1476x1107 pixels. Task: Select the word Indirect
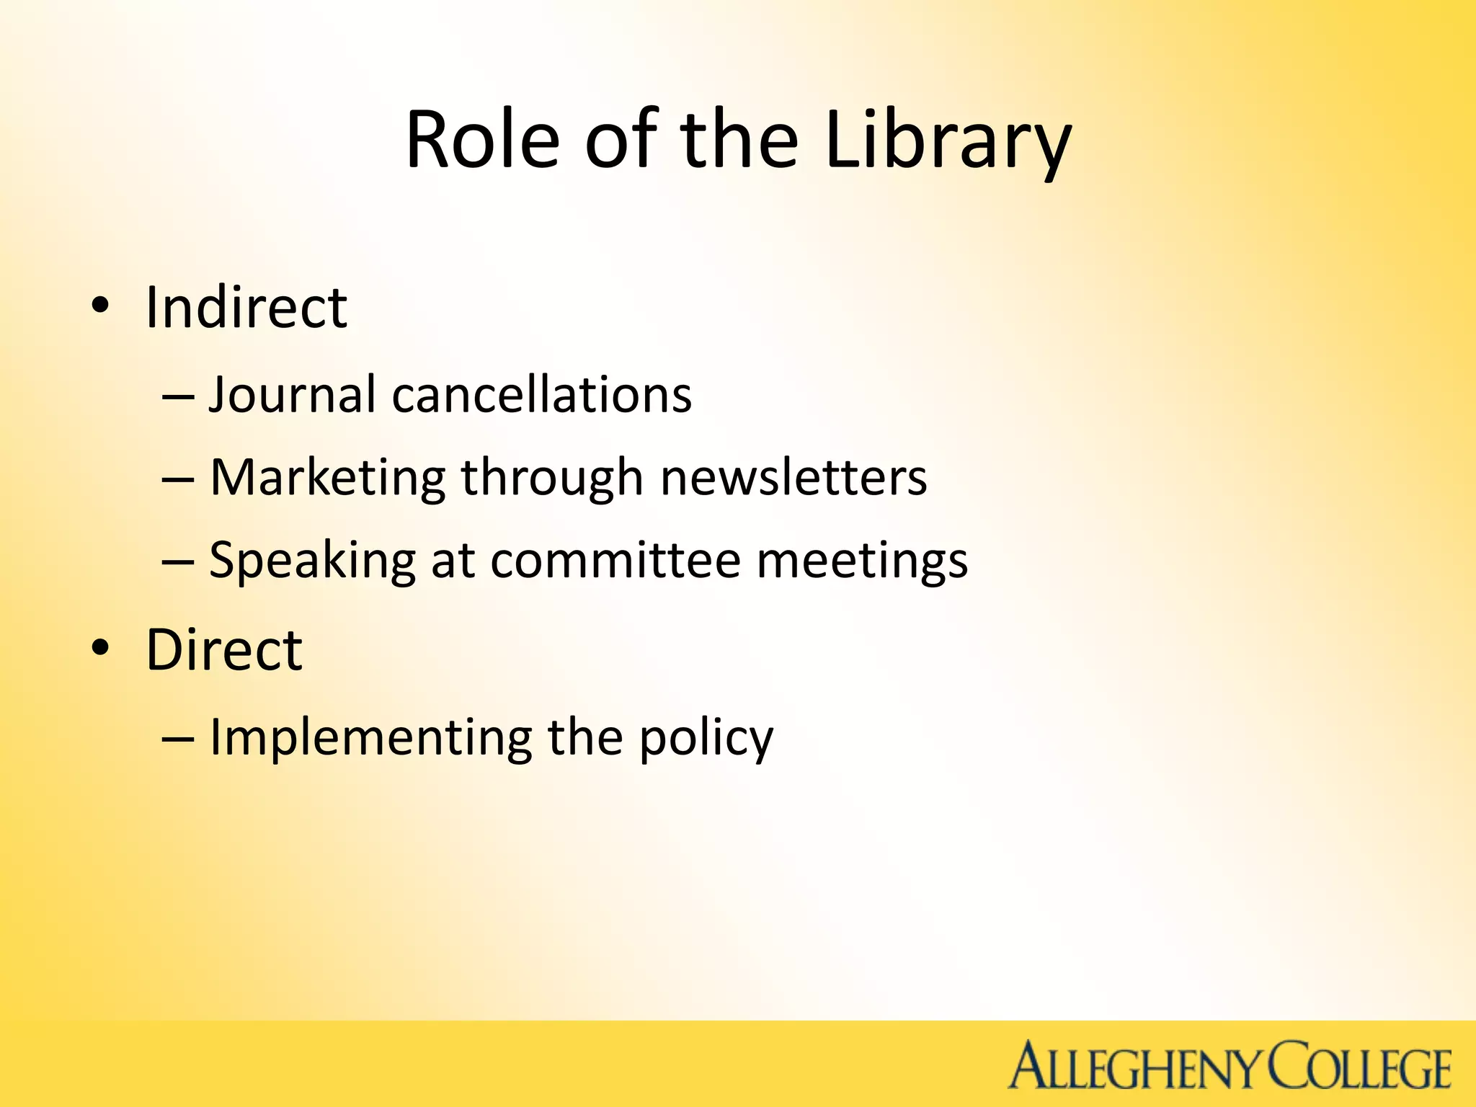246,308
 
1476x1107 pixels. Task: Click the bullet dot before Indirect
100,306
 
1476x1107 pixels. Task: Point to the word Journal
292,395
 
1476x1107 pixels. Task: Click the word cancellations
541,395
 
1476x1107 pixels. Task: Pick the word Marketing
328,478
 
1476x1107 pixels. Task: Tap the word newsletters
793,478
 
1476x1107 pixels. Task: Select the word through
552,478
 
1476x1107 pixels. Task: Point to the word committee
616,561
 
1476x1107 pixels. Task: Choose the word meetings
862,561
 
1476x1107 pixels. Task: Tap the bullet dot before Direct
100,648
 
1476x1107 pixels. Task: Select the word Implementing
370,737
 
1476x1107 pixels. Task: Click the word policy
706,737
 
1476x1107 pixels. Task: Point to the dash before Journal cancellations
178,397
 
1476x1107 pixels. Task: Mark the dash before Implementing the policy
178,739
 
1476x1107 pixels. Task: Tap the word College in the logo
1358,1067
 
